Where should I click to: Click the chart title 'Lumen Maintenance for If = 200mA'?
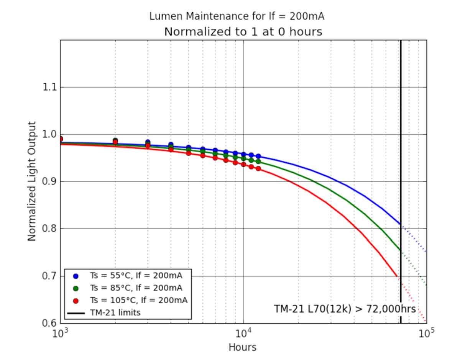coord(237,16)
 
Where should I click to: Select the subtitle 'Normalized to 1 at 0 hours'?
coord(243,31)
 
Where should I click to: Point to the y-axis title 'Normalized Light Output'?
coord(32,181)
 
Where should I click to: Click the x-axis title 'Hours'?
coord(242,347)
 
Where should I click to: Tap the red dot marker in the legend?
coord(76,300)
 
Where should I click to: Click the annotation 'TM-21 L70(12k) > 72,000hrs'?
coord(345,309)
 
